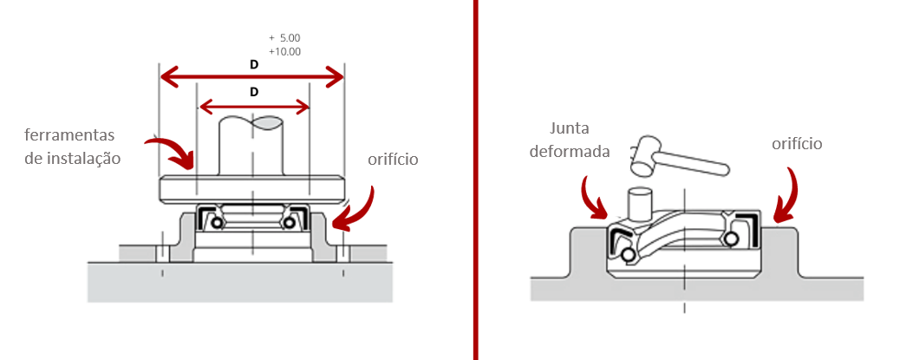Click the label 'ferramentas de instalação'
click(72, 147)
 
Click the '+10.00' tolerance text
click(284, 52)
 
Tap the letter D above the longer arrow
click(253, 65)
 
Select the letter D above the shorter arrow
click(253, 92)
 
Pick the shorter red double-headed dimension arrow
click(254, 108)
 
